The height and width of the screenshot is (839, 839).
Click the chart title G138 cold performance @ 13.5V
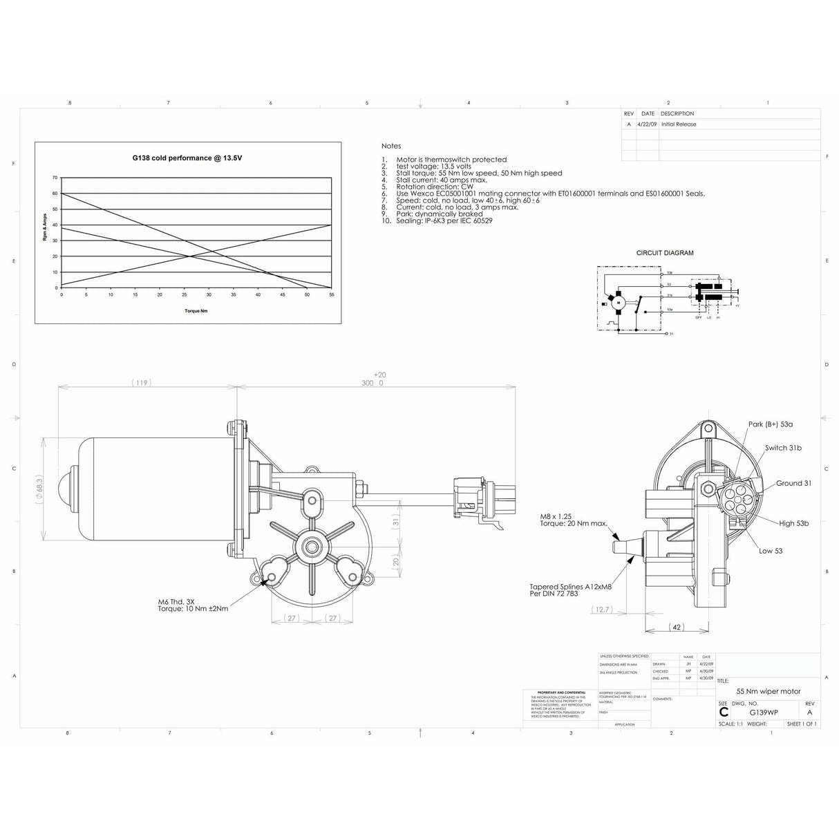point(187,158)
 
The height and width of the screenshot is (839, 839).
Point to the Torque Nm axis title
point(196,311)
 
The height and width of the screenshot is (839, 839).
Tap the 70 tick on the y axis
point(55,178)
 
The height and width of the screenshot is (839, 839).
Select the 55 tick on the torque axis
point(332,294)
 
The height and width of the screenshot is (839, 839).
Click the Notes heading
point(390,146)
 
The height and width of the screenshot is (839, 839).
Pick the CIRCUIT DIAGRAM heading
point(664,253)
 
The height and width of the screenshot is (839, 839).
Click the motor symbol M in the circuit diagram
point(619,301)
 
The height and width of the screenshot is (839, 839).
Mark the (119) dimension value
point(141,383)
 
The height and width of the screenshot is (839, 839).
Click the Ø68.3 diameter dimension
point(39,490)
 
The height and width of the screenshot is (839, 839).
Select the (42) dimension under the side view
point(677,627)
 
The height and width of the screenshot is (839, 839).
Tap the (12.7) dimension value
point(601,610)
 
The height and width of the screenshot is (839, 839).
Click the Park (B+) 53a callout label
point(770,424)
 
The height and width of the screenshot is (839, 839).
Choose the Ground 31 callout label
point(793,483)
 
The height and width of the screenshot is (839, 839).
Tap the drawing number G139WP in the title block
point(764,712)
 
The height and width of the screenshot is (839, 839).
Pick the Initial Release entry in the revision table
point(679,124)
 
